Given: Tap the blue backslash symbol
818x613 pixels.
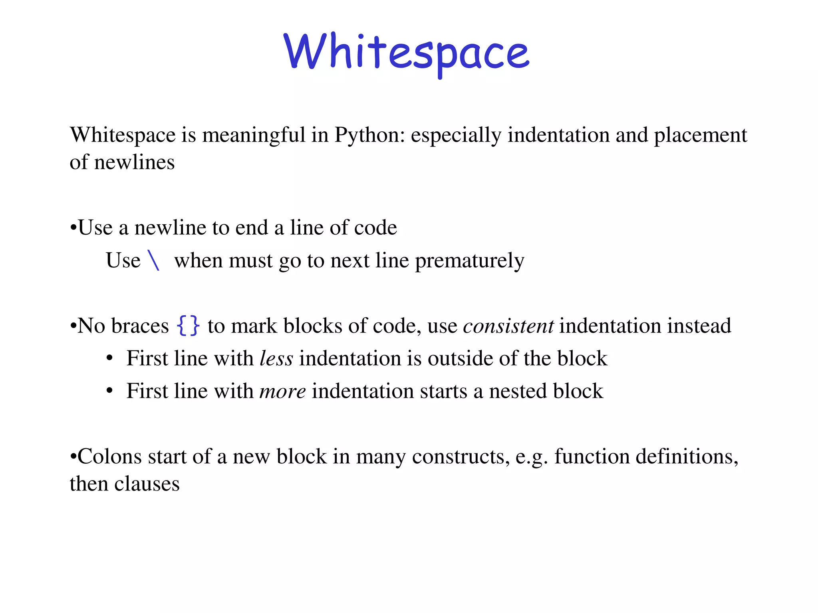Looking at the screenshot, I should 154,261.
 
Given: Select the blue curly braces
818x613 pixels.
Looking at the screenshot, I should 188,325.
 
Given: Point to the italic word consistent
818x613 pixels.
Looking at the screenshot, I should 508,326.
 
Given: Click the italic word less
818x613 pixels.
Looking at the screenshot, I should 276,358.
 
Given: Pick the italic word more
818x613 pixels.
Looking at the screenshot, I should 283,391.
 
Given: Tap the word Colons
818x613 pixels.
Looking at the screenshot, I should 109,457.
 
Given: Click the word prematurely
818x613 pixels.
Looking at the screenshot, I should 470,261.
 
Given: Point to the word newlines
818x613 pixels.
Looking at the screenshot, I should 134,162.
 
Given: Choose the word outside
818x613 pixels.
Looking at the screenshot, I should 460,358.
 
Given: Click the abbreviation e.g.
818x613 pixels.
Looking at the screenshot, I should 532,457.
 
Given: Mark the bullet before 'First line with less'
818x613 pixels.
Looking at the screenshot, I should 110,358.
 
